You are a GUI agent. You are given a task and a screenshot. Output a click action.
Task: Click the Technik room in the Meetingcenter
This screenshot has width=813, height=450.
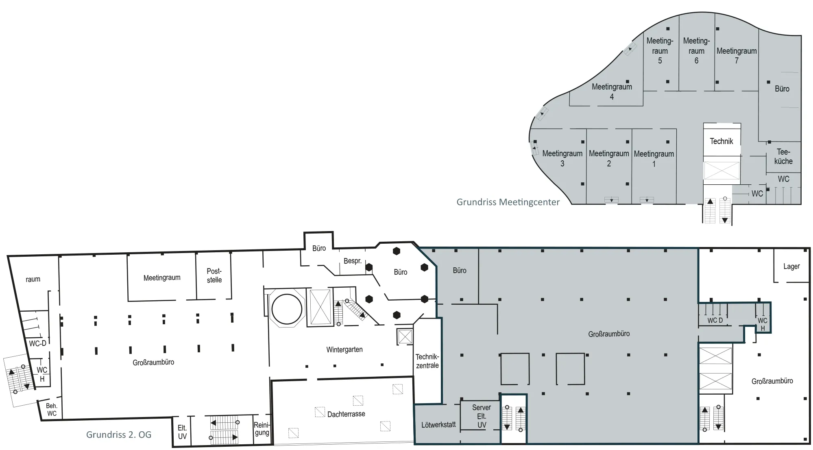point(722,140)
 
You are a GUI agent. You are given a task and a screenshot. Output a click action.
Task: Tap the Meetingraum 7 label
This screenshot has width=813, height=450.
point(737,56)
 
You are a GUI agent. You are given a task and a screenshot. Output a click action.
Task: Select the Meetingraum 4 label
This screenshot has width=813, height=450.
point(612,92)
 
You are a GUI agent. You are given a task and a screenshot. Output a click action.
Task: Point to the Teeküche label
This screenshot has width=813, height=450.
point(783,157)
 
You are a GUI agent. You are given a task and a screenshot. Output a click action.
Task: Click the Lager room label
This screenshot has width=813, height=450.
point(791,267)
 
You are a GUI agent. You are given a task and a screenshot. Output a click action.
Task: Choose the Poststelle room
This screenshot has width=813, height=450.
point(214,275)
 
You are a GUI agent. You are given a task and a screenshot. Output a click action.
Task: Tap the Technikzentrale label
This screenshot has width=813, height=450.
point(427,361)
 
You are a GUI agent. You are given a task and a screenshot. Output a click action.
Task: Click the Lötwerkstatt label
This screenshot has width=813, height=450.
point(438,425)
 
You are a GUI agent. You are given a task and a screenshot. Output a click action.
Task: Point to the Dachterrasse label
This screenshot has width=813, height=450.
point(346,414)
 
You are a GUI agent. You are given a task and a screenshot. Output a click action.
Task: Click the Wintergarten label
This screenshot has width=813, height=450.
point(344,350)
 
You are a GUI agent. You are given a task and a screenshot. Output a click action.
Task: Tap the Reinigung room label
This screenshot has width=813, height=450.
point(262,429)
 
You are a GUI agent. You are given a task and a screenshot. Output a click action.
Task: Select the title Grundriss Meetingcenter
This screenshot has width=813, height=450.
point(508,202)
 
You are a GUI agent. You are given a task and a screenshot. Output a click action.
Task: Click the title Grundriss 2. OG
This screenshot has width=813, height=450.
point(119,435)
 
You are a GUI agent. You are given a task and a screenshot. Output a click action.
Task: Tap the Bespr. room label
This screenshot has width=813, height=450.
point(353,261)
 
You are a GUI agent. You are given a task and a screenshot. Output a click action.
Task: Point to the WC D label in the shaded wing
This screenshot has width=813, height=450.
point(715,321)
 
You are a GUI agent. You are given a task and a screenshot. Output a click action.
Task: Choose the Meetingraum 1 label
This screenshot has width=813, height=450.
point(654,159)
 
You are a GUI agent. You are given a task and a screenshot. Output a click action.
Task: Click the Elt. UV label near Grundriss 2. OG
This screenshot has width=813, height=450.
point(182,432)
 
